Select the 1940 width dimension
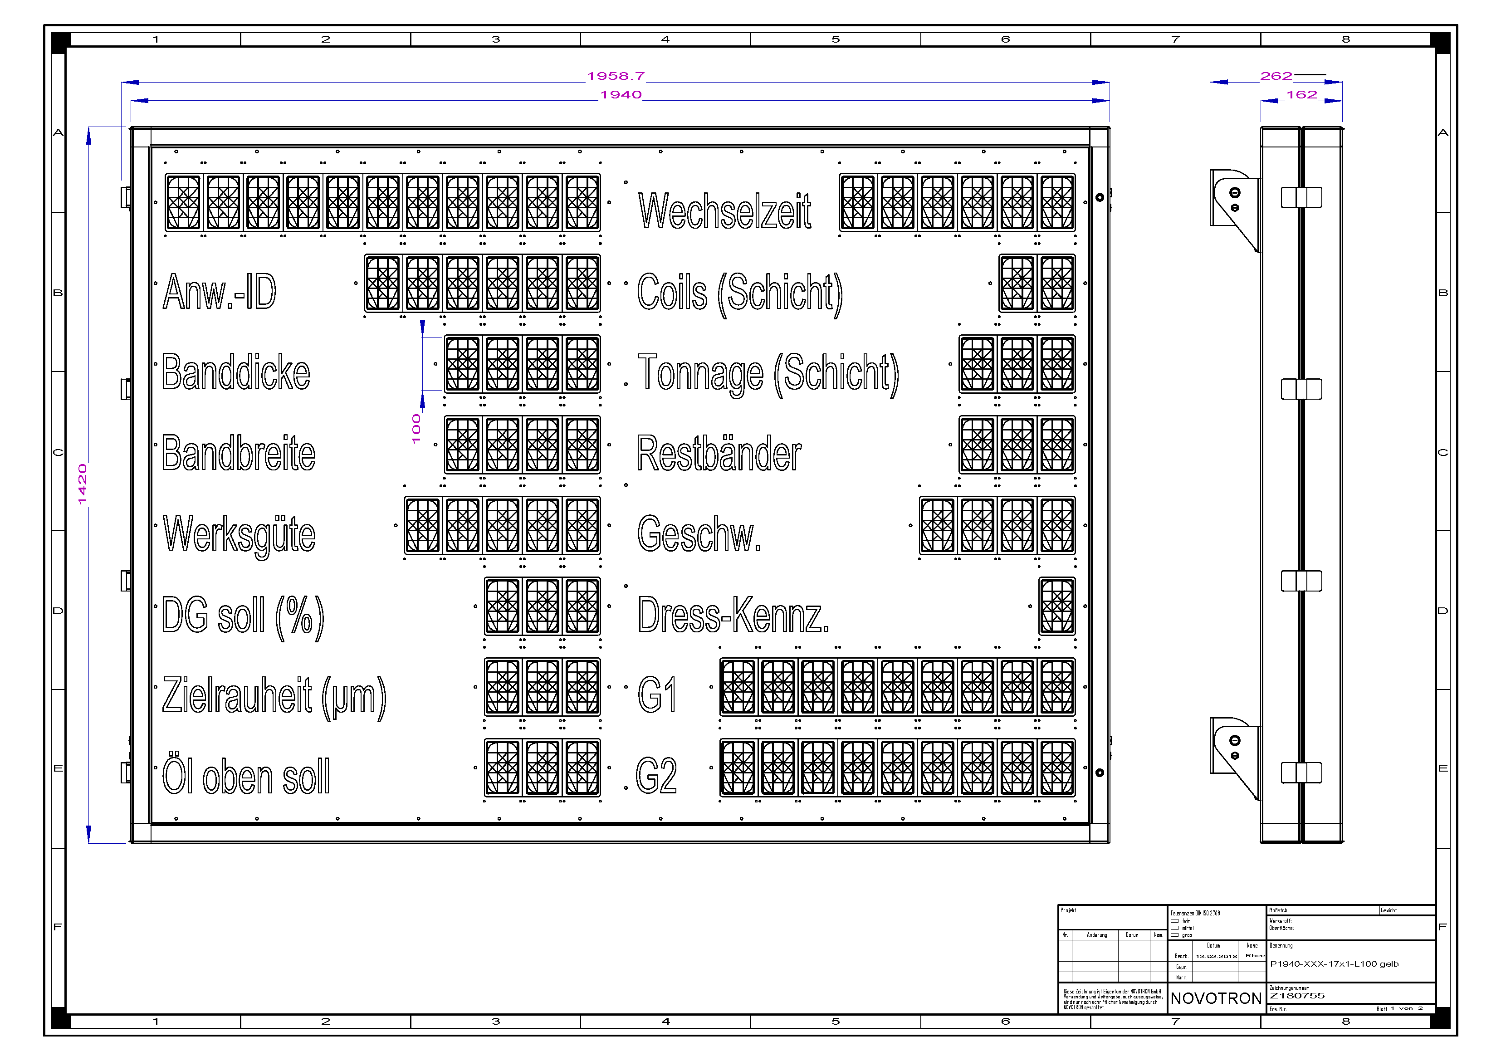pos(621,95)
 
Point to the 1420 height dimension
pos(83,484)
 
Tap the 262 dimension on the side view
pos(1276,76)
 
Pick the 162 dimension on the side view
pos(1301,95)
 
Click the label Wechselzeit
pos(724,210)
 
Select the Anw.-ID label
pos(220,292)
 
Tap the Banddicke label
pos(235,372)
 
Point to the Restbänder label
pos(719,453)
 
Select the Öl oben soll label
pos(246,776)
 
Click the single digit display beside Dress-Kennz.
pos(1056,606)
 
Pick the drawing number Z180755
pos(1296,996)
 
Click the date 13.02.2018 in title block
pos(1216,956)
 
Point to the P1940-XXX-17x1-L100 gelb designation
pos(1334,963)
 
